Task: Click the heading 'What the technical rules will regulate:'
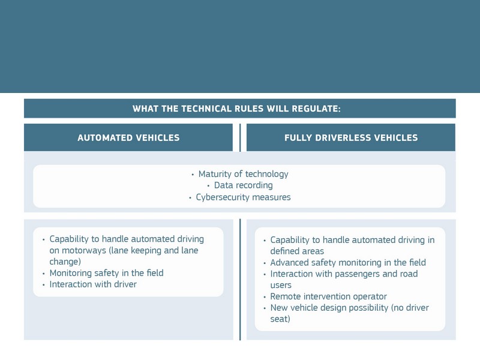(236, 109)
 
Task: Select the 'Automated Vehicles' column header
(128, 138)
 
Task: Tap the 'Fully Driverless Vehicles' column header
(351, 138)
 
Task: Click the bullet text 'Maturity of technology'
(244, 174)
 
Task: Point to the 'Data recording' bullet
(244, 185)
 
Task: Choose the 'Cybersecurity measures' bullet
(244, 197)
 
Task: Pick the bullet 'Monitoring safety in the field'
(107, 273)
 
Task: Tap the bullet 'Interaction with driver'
(93, 284)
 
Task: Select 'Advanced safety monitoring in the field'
(348, 262)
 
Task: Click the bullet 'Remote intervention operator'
(328, 296)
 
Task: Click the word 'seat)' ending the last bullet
(280, 319)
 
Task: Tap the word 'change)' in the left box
(65, 262)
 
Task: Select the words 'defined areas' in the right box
(297, 251)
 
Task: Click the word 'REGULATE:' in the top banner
(316, 109)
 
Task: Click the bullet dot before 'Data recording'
(208, 186)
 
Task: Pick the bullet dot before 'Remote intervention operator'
(265, 297)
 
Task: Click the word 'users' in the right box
(281, 286)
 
